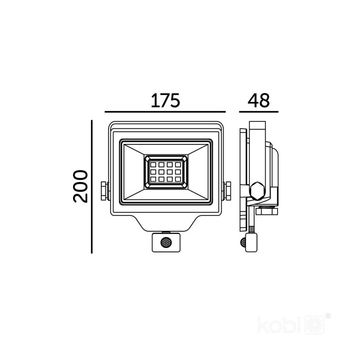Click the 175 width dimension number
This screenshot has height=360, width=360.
[x=165, y=100]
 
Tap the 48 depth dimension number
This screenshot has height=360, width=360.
[x=259, y=100]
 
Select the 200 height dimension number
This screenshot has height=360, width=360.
[x=80, y=186]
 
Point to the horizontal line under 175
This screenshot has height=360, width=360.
[x=165, y=112]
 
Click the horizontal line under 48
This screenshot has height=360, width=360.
[x=259, y=112]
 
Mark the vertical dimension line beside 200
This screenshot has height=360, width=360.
[x=92, y=187]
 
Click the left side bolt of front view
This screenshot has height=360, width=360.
[x=105, y=191]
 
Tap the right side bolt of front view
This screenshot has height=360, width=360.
[x=227, y=191]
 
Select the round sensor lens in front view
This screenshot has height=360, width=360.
[x=166, y=242]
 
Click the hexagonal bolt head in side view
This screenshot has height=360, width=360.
[x=257, y=191]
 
